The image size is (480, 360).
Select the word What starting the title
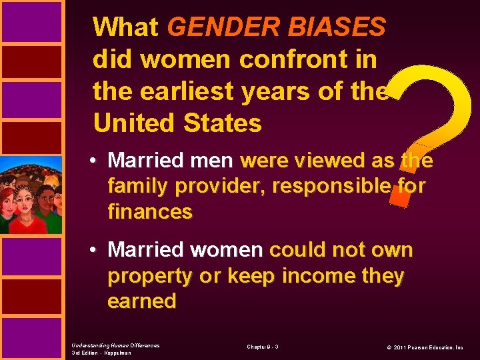[126, 27]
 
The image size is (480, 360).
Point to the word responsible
[336, 187]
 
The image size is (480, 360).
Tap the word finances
[150, 213]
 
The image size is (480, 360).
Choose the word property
[151, 275]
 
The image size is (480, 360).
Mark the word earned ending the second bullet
[142, 301]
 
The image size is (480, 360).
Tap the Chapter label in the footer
[263, 347]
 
